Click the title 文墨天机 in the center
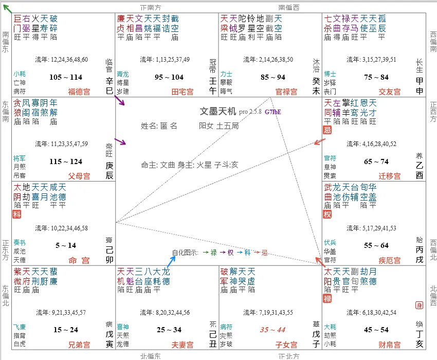(218, 111)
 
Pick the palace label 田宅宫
(183, 92)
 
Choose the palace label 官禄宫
(286, 92)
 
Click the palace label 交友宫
(389, 92)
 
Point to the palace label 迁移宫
(389, 176)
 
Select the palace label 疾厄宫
(389, 260)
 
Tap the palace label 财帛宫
(389, 344)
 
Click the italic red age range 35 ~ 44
(272, 330)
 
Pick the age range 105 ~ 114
(65, 77)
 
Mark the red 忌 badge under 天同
(327, 130)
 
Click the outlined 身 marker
(419, 305)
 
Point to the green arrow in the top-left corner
(7, 7)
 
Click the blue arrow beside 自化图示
(172, 260)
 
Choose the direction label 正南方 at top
(151, 8)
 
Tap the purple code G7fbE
(273, 112)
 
